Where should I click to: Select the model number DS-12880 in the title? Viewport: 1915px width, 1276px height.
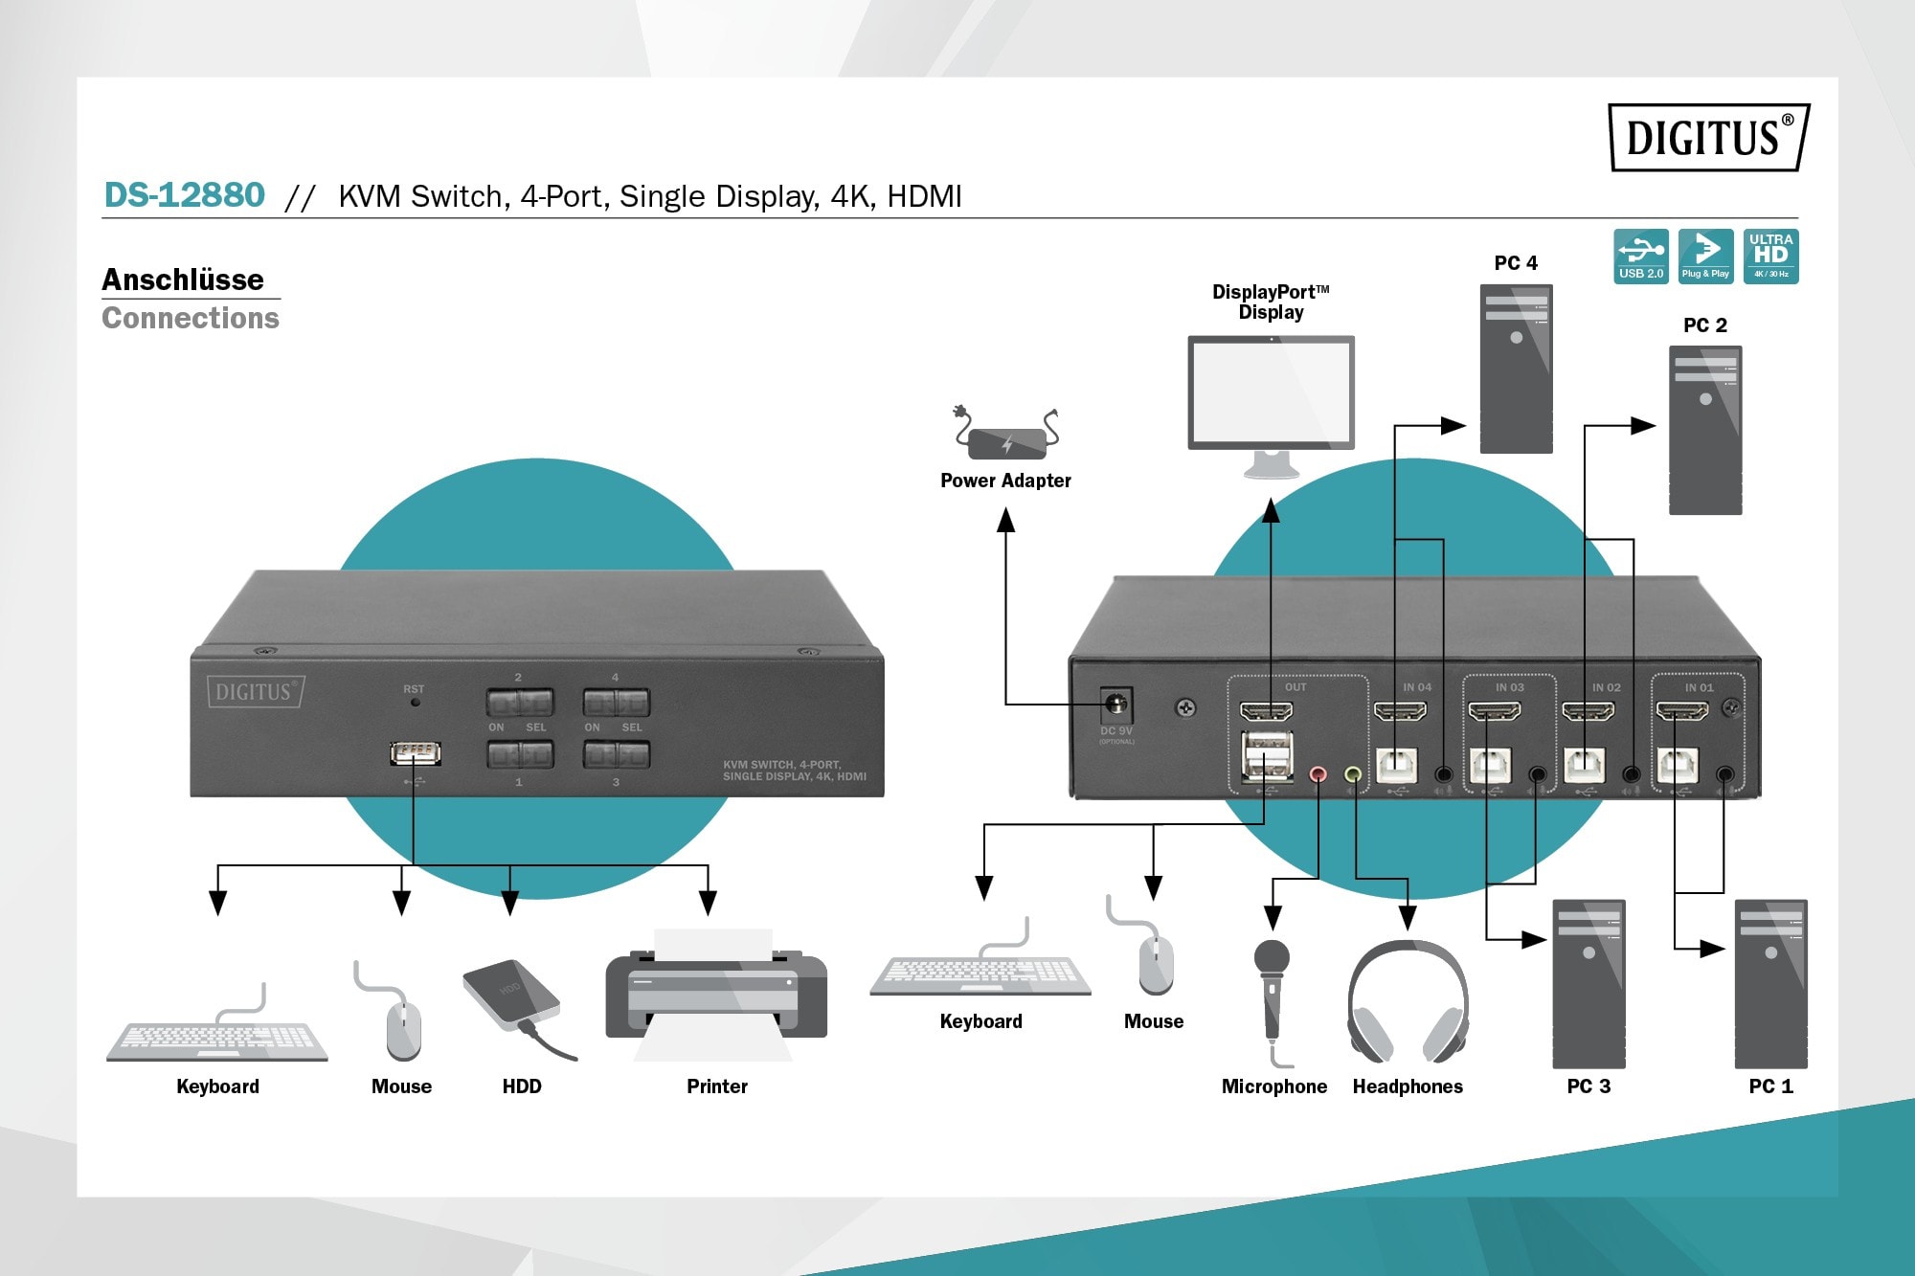click(184, 195)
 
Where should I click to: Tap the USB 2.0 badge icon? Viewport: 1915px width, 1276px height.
click(1640, 256)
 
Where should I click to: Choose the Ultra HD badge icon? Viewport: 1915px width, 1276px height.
click(1770, 256)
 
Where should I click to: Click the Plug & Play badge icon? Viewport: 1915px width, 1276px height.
click(1705, 256)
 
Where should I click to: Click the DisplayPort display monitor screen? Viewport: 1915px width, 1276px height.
click(1271, 391)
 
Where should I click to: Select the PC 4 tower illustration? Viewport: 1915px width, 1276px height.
click(1516, 369)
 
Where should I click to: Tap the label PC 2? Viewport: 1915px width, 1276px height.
click(1704, 325)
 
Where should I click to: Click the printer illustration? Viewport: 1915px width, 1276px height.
click(716, 996)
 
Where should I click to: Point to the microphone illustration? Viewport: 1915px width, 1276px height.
click(1272, 996)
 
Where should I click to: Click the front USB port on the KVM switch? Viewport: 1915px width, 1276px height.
click(416, 753)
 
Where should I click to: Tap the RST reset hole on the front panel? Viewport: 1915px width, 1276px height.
click(415, 702)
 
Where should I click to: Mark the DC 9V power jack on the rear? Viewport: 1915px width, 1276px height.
click(1115, 705)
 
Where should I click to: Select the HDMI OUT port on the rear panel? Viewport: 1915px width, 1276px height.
click(1266, 711)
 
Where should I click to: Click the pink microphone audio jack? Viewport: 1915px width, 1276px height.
click(1318, 773)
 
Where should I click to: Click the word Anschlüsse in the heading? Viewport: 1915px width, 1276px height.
click(183, 280)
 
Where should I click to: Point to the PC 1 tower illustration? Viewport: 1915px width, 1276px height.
click(1770, 983)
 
